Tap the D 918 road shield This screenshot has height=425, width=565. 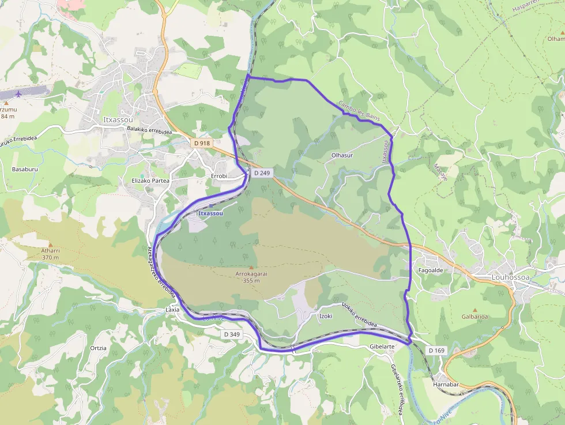coord(203,143)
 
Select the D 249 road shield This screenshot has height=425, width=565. coord(261,173)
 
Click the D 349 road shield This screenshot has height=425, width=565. coord(231,334)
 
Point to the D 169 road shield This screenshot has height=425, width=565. coord(436,350)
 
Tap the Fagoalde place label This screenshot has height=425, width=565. coord(430,270)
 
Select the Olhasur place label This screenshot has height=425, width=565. coord(342,156)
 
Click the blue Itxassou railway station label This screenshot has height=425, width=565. coord(210,213)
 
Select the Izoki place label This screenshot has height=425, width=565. coord(326,316)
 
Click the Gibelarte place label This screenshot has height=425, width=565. coord(382,347)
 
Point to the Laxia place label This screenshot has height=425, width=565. coord(172,310)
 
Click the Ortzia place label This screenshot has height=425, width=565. coord(98,348)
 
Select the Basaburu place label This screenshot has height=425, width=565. coord(25,169)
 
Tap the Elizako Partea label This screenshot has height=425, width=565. coord(150,180)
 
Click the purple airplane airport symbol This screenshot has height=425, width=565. coord(19,93)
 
